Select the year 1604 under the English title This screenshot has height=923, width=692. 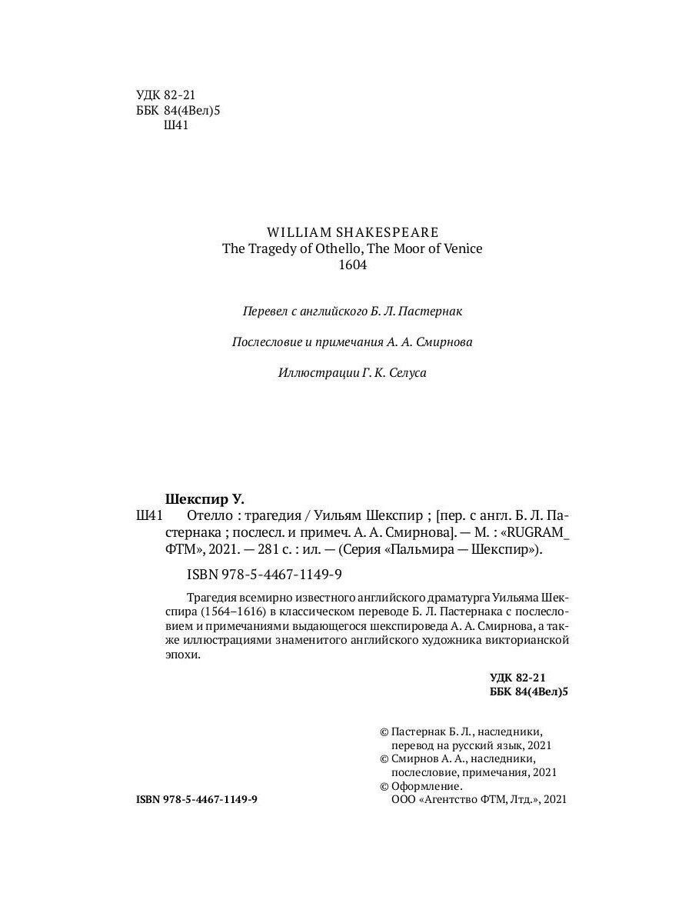coord(353,265)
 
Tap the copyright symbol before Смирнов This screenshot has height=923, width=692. coord(385,759)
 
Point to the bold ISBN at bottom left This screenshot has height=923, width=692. coord(197,800)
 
